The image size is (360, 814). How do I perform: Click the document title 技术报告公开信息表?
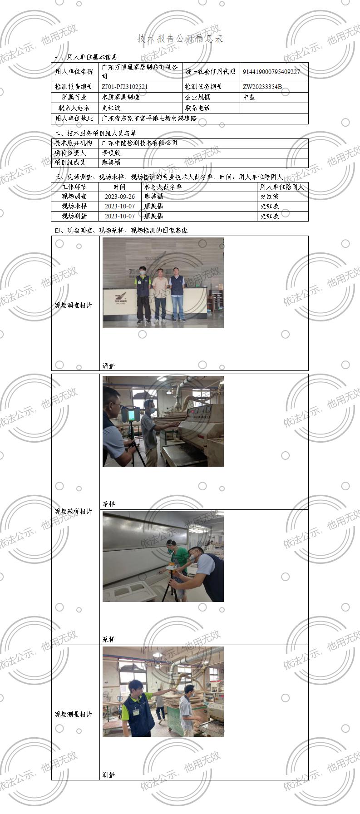pyautogui.click(x=180, y=39)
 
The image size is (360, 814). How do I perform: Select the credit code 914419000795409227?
pyautogui.click(x=271, y=72)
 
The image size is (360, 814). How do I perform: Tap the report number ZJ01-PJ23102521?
pyautogui.click(x=124, y=87)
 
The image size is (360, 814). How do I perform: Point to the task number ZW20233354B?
pyautogui.click(x=262, y=87)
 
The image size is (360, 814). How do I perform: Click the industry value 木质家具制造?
pyautogui.click(x=120, y=97)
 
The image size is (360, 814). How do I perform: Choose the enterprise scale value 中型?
pyautogui.click(x=249, y=97)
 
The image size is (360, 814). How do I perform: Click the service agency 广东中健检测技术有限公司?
pyautogui.click(x=139, y=143)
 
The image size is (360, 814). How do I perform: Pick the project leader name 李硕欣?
pyautogui.click(x=111, y=153)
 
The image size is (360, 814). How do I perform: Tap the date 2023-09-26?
pyautogui.click(x=119, y=197)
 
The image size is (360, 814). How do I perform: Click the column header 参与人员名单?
pyautogui.click(x=163, y=187)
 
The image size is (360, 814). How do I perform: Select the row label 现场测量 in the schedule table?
pyautogui.click(x=74, y=216)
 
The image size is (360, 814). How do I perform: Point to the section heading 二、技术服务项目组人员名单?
pyautogui.click(x=95, y=133)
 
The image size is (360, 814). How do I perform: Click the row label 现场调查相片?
pyautogui.click(x=73, y=306)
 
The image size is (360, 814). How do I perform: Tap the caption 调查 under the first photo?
pyautogui.click(x=108, y=365)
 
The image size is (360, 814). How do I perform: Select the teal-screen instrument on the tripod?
pyautogui.click(x=132, y=414)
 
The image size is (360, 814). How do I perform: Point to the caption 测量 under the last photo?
pyautogui.click(x=108, y=775)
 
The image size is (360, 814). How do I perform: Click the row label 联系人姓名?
pyautogui.click(x=74, y=108)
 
